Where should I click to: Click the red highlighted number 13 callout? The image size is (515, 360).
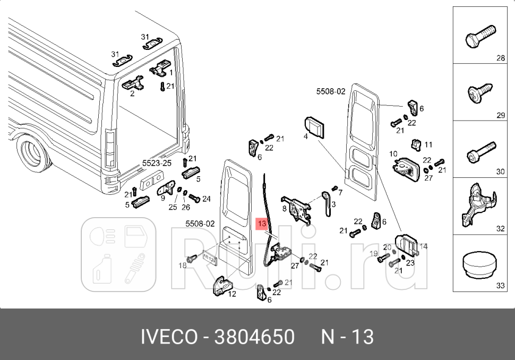(x=262, y=224)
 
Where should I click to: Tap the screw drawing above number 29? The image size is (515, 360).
(x=480, y=93)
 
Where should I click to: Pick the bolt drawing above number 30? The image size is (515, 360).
(x=480, y=150)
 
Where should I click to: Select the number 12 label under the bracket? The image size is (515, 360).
(x=232, y=294)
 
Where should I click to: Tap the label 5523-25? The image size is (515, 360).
(x=156, y=163)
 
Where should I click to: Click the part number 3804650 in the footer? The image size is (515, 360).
(x=254, y=337)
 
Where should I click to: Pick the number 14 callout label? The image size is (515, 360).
(x=423, y=246)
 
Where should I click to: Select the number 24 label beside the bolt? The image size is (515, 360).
(x=207, y=199)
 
